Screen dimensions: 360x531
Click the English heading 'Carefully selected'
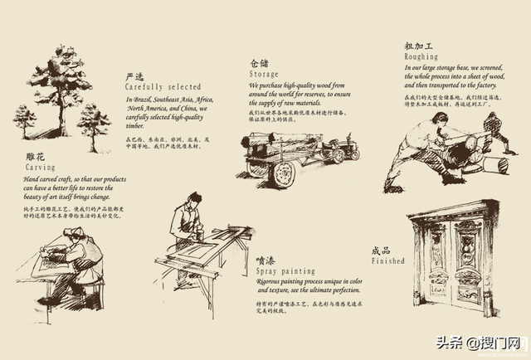click(x=163, y=86)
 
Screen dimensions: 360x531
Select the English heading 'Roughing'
click(x=398, y=57)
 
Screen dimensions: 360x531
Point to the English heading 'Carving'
click(x=41, y=167)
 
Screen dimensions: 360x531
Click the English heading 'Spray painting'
click(x=286, y=271)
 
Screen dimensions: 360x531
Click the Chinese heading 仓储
click(x=260, y=63)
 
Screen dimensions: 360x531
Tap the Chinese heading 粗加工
click(x=396, y=46)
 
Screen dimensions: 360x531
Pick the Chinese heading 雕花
click(x=34, y=156)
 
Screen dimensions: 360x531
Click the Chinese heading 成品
click(x=381, y=250)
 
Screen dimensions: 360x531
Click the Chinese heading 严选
click(x=134, y=76)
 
